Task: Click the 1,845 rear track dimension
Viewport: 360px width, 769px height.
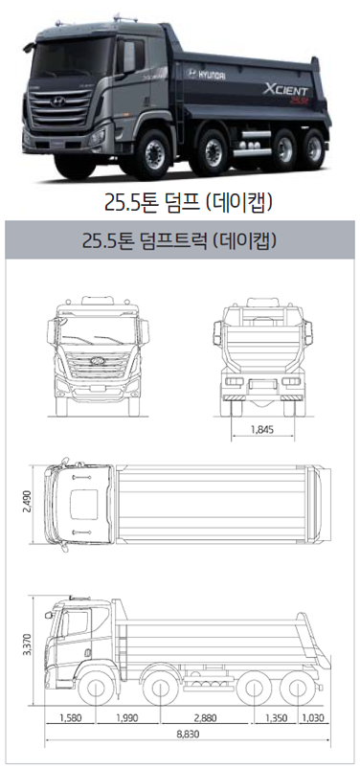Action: click(262, 430)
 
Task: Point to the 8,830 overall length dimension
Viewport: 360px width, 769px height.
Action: click(189, 735)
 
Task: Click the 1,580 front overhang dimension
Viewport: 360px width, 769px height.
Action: click(71, 718)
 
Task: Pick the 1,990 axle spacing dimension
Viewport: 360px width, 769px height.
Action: click(127, 718)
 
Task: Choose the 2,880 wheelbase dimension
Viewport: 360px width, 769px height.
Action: click(205, 718)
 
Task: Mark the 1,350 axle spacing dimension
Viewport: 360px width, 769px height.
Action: click(276, 718)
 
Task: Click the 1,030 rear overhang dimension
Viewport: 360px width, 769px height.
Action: click(313, 718)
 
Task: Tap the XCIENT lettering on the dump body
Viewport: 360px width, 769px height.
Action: click(285, 90)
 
